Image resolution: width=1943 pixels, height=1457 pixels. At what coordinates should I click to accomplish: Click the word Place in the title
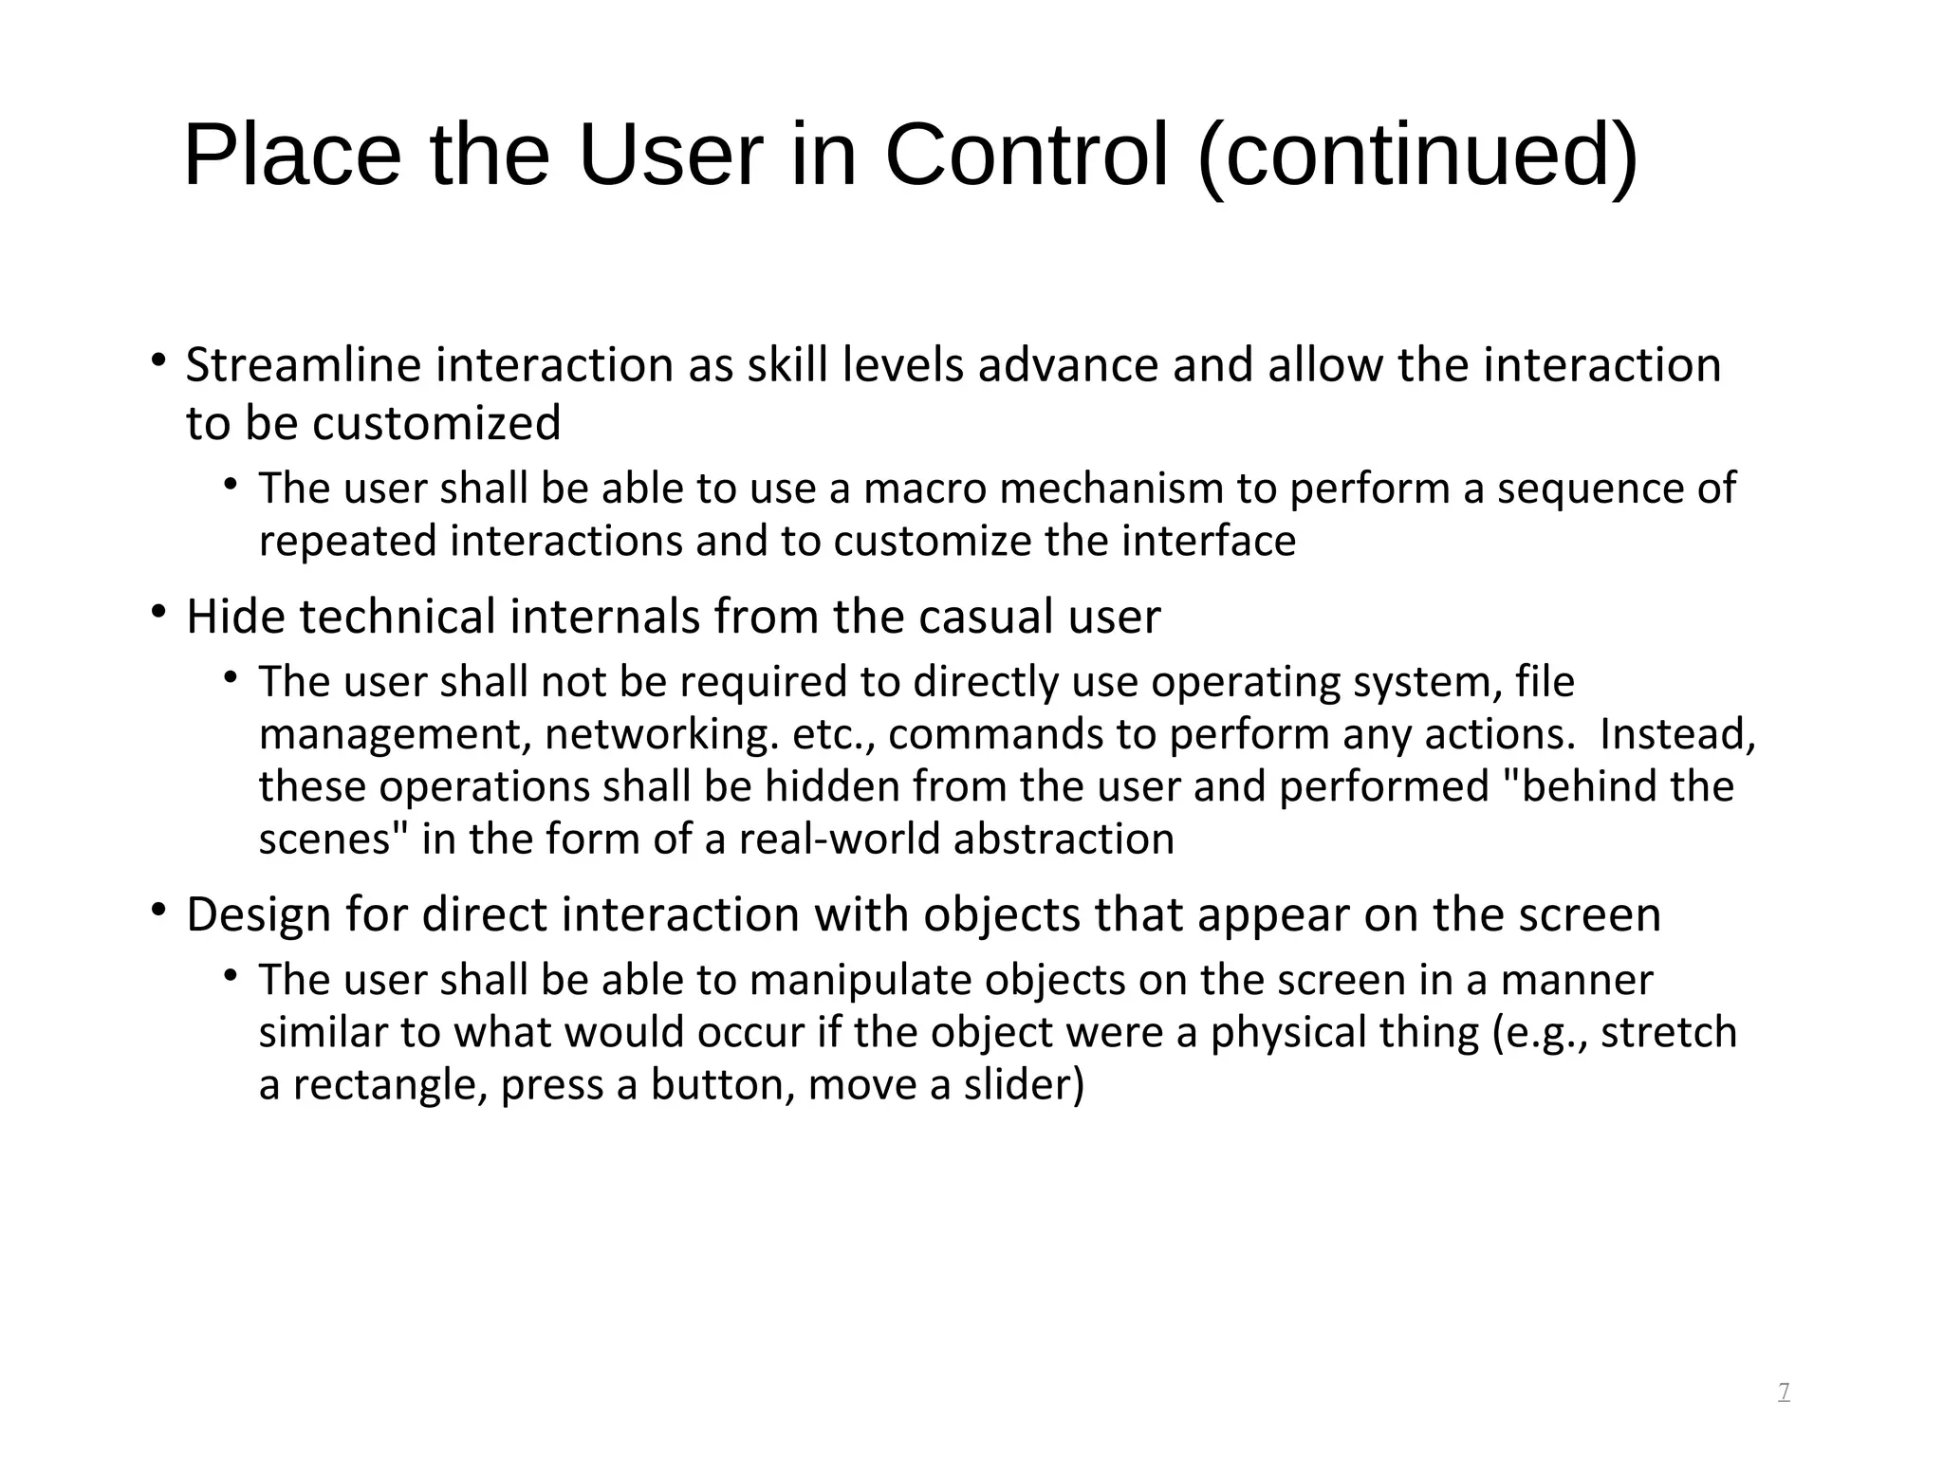click(292, 157)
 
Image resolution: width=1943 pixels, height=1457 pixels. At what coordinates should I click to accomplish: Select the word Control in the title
click(1027, 157)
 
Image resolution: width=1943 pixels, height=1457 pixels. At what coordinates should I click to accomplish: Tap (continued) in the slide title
click(1417, 158)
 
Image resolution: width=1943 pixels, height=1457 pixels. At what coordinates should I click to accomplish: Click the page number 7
click(1784, 1392)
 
